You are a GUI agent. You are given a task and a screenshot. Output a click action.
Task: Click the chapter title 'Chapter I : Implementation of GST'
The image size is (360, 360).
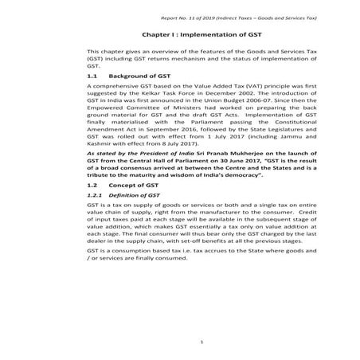180,35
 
